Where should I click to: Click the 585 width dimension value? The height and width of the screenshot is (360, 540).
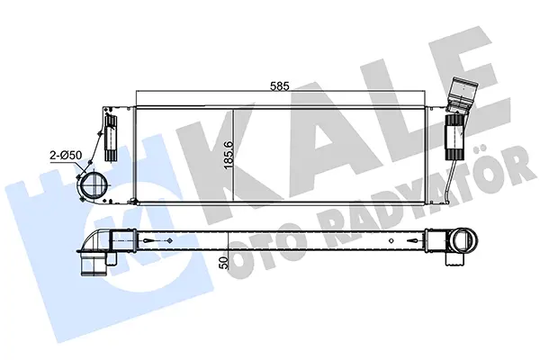click(x=279, y=86)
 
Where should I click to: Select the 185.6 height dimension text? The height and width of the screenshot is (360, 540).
click(x=229, y=155)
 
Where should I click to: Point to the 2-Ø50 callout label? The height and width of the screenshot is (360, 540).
click(x=66, y=156)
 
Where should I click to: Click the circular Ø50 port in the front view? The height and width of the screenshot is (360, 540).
click(x=93, y=185)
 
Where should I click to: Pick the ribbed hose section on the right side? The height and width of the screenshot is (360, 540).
click(x=454, y=137)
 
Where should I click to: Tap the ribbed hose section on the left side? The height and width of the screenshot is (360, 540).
click(x=110, y=138)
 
